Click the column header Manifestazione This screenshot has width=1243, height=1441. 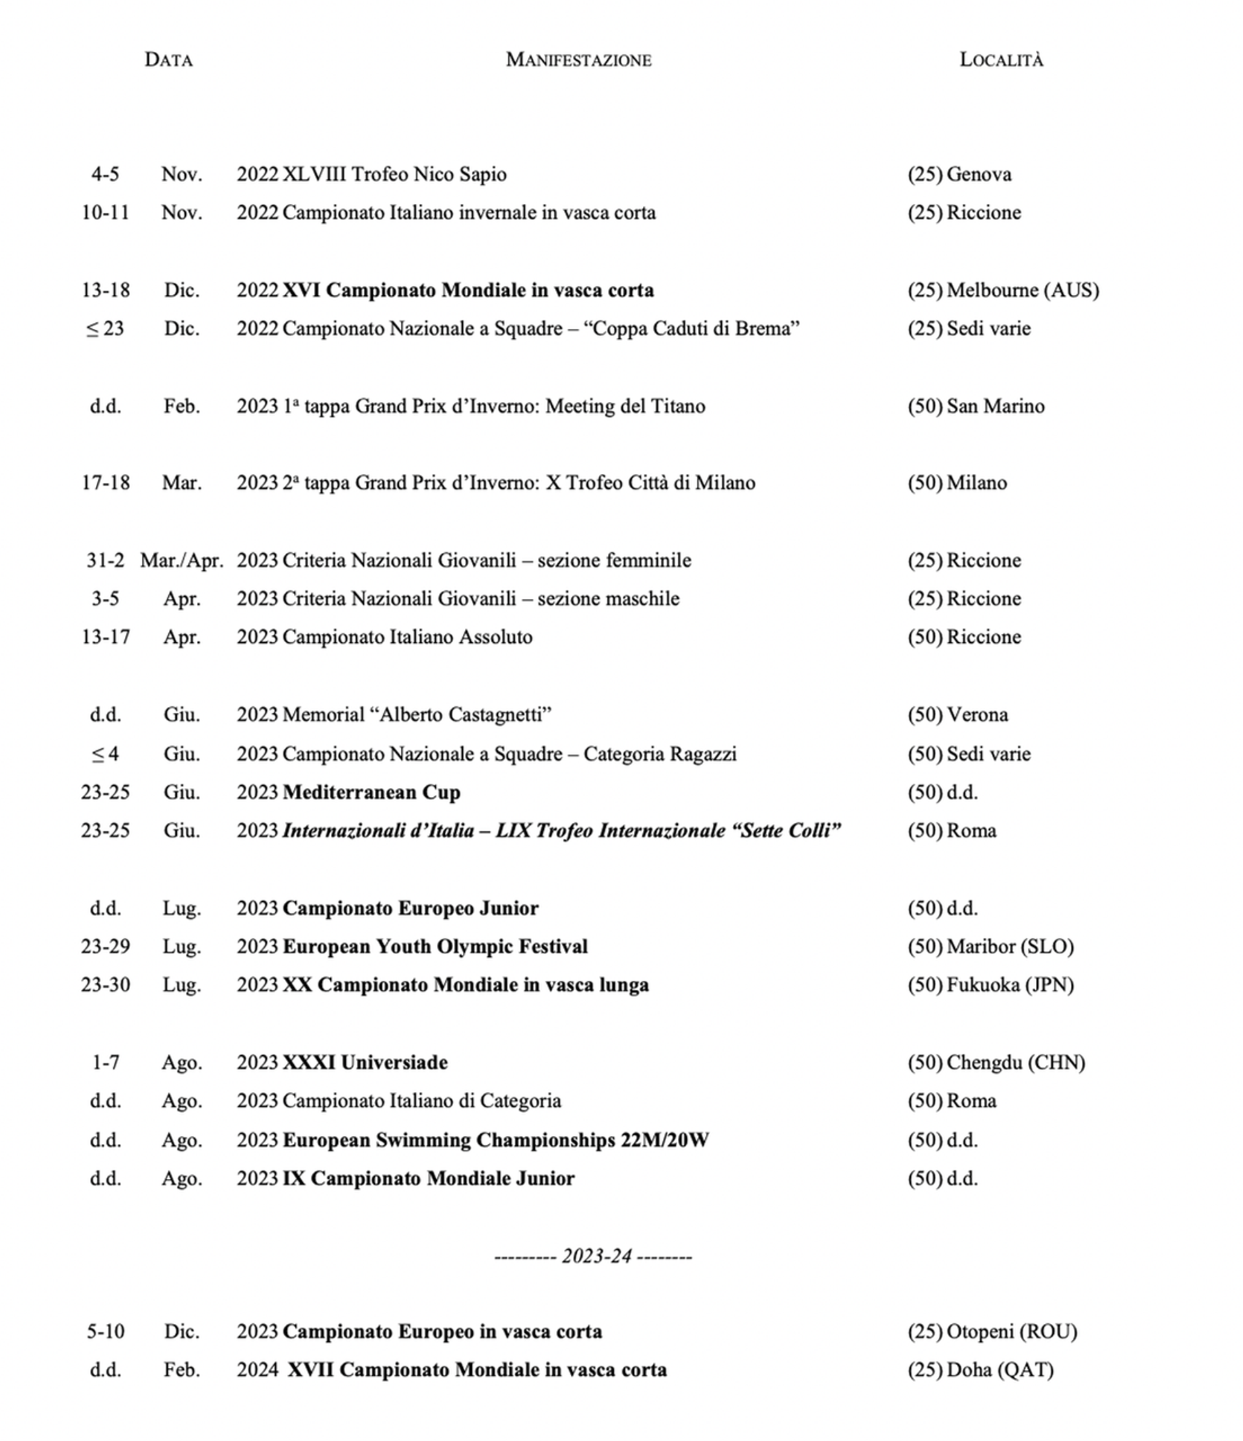(x=578, y=60)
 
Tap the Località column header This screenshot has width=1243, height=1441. (x=1001, y=60)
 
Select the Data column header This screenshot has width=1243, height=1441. (x=168, y=60)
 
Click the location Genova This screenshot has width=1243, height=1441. (x=979, y=174)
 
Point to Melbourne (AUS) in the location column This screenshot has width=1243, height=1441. (x=1022, y=290)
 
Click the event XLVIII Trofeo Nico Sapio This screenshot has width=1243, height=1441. (x=394, y=174)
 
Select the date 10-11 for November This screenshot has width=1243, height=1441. (x=106, y=212)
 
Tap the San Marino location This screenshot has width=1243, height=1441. (x=996, y=406)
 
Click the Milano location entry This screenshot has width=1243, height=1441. (x=976, y=483)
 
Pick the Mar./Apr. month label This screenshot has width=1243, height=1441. (x=181, y=561)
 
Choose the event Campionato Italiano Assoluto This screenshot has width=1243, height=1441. (x=408, y=637)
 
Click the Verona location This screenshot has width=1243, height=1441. (x=978, y=715)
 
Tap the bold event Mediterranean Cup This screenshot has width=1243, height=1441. (x=372, y=792)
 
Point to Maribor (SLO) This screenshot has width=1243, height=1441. (x=1010, y=946)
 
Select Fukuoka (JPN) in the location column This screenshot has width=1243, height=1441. (x=1010, y=985)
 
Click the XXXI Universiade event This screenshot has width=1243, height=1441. (x=365, y=1063)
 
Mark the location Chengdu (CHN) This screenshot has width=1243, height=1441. (x=1016, y=1063)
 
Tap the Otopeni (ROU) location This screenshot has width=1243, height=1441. (x=1011, y=1331)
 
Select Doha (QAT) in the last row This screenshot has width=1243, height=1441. (x=1000, y=1369)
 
